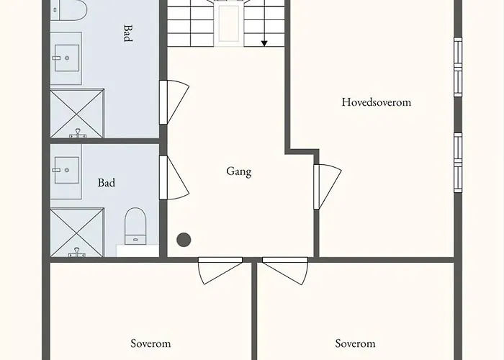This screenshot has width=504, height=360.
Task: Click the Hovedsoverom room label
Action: click(x=376, y=102)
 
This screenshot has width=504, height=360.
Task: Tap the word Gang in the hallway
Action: click(x=238, y=171)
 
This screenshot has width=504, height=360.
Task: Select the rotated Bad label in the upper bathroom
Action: click(x=127, y=33)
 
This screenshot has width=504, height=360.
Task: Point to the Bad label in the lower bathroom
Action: click(x=107, y=183)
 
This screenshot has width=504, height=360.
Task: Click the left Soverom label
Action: click(x=150, y=344)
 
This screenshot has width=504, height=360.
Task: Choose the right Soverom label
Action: click(x=356, y=344)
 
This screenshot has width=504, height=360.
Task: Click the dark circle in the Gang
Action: click(x=184, y=240)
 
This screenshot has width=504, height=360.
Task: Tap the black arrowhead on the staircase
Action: click(x=264, y=43)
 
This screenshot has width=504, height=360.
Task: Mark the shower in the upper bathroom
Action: click(x=77, y=112)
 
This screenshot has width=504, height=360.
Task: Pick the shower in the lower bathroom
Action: click(x=77, y=232)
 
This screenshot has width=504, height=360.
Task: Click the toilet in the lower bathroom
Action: click(x=135, y=225)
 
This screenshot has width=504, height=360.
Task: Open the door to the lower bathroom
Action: click(x=174, y=177)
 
